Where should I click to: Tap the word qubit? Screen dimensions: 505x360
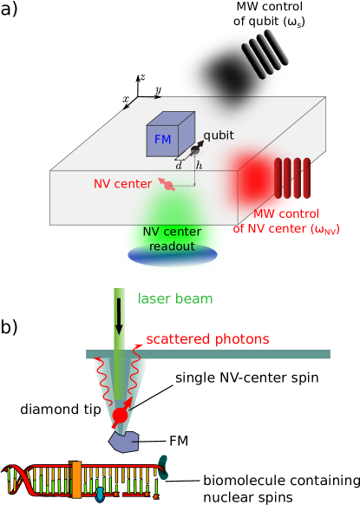(219, 135)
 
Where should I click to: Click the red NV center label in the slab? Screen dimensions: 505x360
(121, 184)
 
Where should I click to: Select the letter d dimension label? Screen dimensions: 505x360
(179, 165)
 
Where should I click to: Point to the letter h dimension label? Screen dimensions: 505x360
(199, 165)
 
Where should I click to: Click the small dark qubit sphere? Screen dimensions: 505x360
(195, 150)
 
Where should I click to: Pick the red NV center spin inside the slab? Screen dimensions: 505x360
(167, 184)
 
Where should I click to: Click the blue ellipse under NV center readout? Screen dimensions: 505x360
(173, 255)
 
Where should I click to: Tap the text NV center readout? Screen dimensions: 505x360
(172, 239)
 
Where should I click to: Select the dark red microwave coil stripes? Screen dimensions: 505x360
(292, 178)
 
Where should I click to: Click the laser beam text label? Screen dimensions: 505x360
(175, 299)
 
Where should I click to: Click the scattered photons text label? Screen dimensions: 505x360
(207, 339)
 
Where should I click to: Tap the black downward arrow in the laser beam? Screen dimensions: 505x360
(119, 318)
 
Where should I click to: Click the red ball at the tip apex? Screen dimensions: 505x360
(120, 415)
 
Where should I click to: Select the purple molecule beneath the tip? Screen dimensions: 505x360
(123, 442)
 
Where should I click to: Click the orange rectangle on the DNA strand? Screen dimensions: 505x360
(76, 479)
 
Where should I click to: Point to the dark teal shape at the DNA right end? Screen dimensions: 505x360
(162, 468)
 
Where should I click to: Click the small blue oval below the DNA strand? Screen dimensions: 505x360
(100, 495)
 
